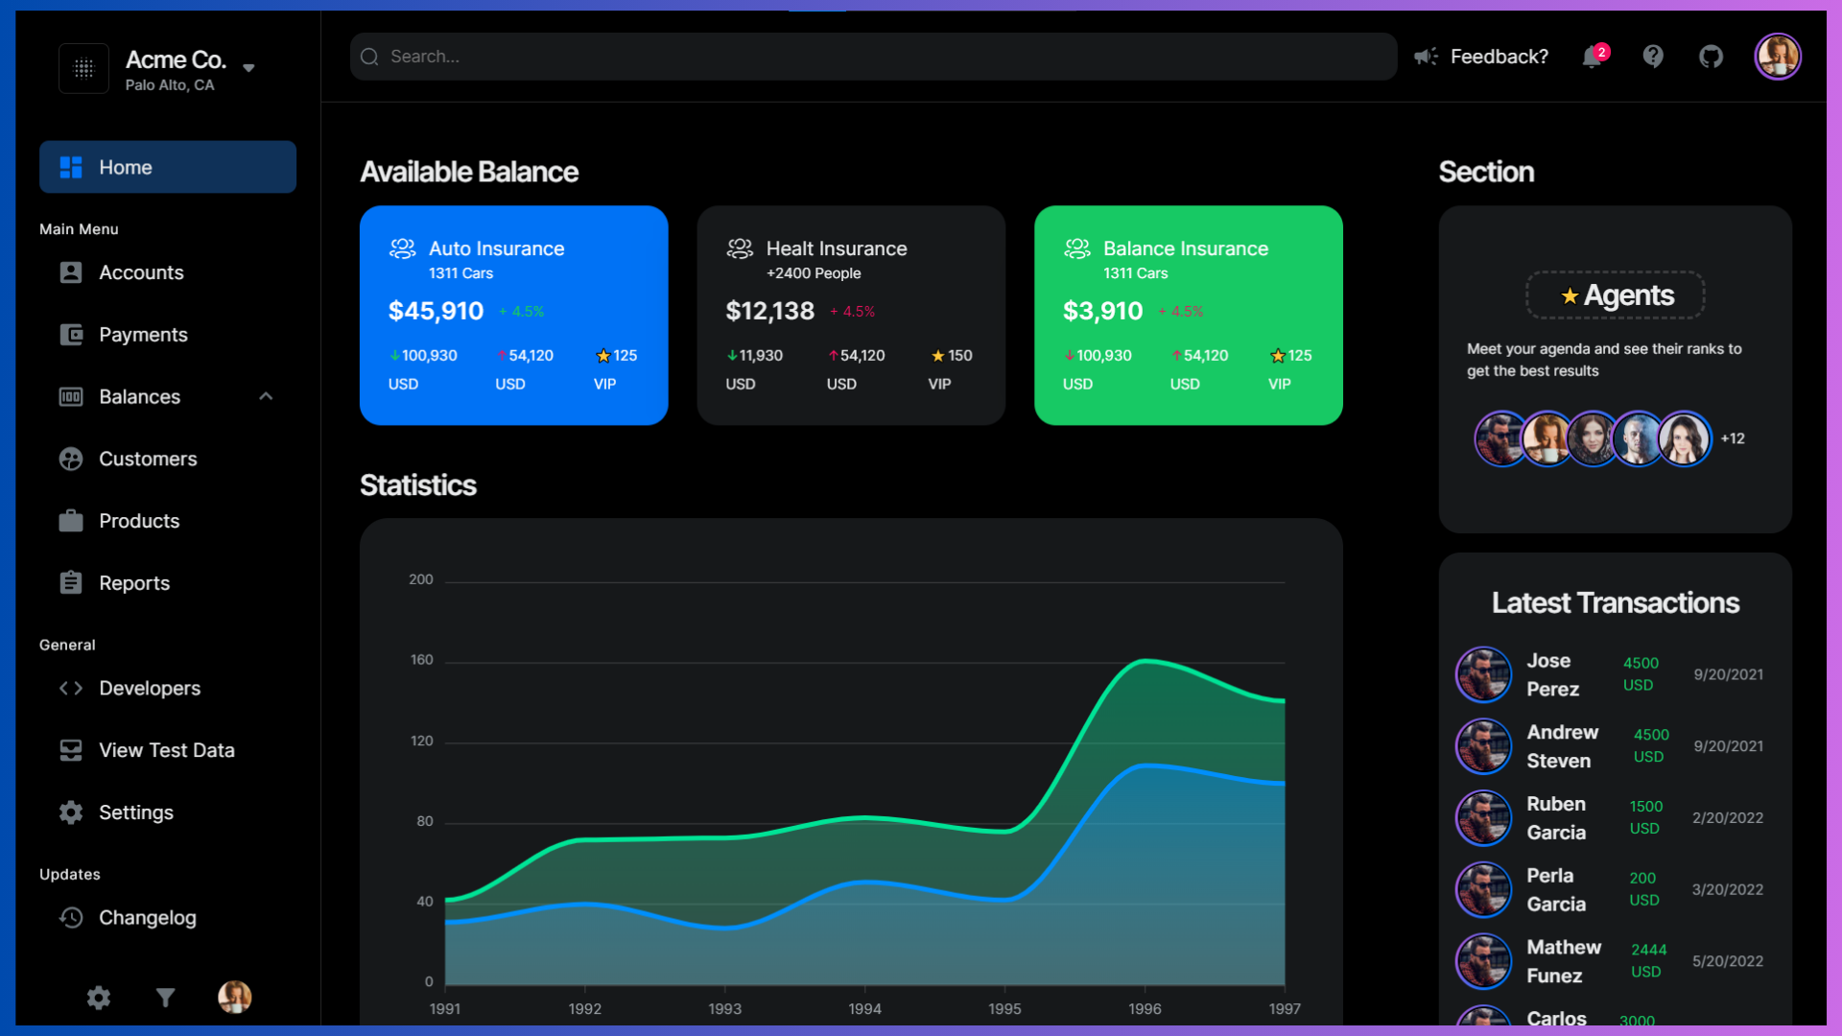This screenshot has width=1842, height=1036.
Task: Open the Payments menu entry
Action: coord(143,335)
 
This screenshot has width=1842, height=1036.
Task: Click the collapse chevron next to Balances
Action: coord(266,396)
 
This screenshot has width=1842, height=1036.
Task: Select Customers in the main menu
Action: coord(148,459)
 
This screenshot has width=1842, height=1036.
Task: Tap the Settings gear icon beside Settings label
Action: coord(71,812)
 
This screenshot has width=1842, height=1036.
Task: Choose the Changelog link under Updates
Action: coord(147,918)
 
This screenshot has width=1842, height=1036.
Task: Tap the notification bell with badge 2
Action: coord(1593,57)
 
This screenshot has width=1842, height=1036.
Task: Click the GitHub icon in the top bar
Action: coord(1711,57)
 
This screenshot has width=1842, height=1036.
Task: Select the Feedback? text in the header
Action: coord(1499,57)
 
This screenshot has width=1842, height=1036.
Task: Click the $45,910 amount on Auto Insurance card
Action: coord(436,311)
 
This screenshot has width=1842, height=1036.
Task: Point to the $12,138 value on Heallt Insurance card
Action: coord(769,311)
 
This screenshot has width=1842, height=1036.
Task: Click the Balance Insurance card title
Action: coord(1185,248)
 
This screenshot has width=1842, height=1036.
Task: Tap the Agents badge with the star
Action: coord(1616,295)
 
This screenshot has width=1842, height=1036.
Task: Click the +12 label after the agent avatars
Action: coord(1732,438)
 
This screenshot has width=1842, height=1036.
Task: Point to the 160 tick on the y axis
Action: coord(421,660)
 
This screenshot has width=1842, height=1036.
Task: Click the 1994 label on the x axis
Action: coord(864,1009)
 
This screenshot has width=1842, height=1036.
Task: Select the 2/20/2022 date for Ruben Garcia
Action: coord(1727,818)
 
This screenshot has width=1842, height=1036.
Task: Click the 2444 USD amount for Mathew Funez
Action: coord(1648,960)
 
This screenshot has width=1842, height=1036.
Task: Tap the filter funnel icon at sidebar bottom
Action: coord(165,998)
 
